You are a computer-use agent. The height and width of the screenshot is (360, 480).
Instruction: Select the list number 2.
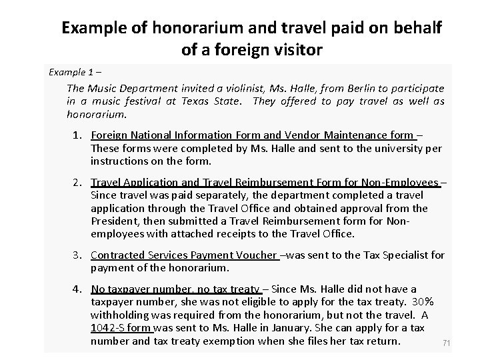(x=77, y=182)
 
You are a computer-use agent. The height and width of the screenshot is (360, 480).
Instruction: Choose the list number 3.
(x=77, y=255)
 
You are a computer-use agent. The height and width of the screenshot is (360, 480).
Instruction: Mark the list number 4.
(x=77, y=289)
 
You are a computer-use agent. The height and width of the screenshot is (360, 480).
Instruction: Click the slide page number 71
(x=447, y=343)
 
